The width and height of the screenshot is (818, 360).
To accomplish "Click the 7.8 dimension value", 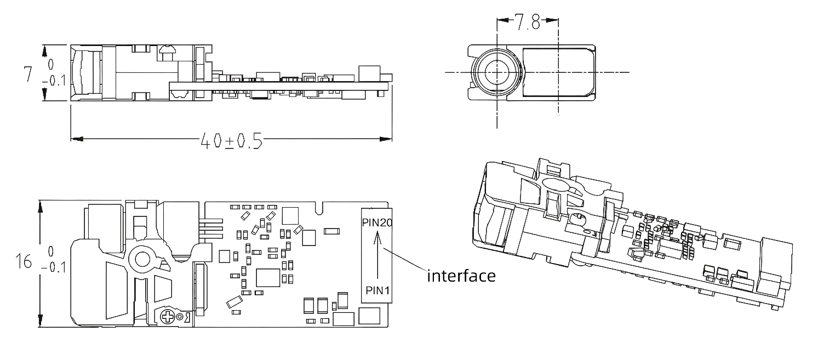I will click(x=528, y=23).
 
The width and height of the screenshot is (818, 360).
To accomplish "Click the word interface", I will click(x=461, y=275).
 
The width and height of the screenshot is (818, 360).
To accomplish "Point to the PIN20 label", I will click(x=376, y=222).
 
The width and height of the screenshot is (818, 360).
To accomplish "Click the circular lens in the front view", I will click(x=496, y=72).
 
